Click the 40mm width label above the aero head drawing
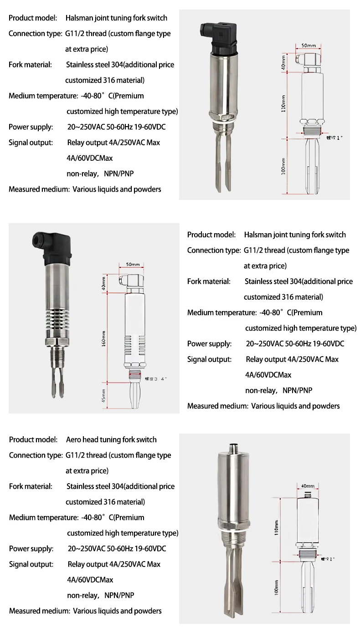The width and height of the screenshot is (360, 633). coord(308,486)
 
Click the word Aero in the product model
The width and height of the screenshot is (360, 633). coord(74,439)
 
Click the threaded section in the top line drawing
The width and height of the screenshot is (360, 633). coord(312,132)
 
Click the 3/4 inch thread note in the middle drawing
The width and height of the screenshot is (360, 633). coord(153,378)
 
